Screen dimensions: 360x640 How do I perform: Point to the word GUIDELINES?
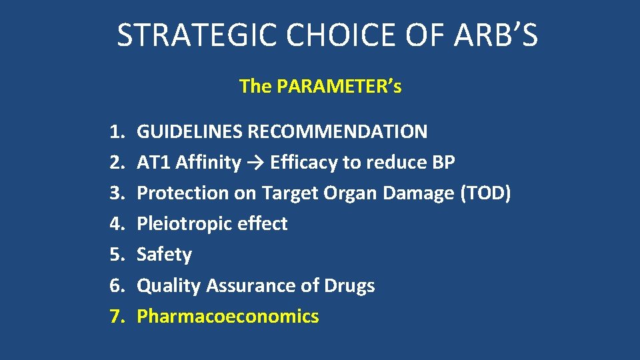pos(189,131)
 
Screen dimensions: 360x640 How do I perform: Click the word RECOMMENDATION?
pos(337,131)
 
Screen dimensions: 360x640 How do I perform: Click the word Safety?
pos(164,255)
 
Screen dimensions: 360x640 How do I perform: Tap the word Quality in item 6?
pos(169,285)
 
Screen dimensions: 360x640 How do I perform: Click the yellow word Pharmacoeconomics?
pos(227,316)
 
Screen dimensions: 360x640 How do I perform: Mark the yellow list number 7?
pos(117,316)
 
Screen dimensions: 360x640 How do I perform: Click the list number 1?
pos(117,131)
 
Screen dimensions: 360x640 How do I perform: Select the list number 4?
pos(117,223)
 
